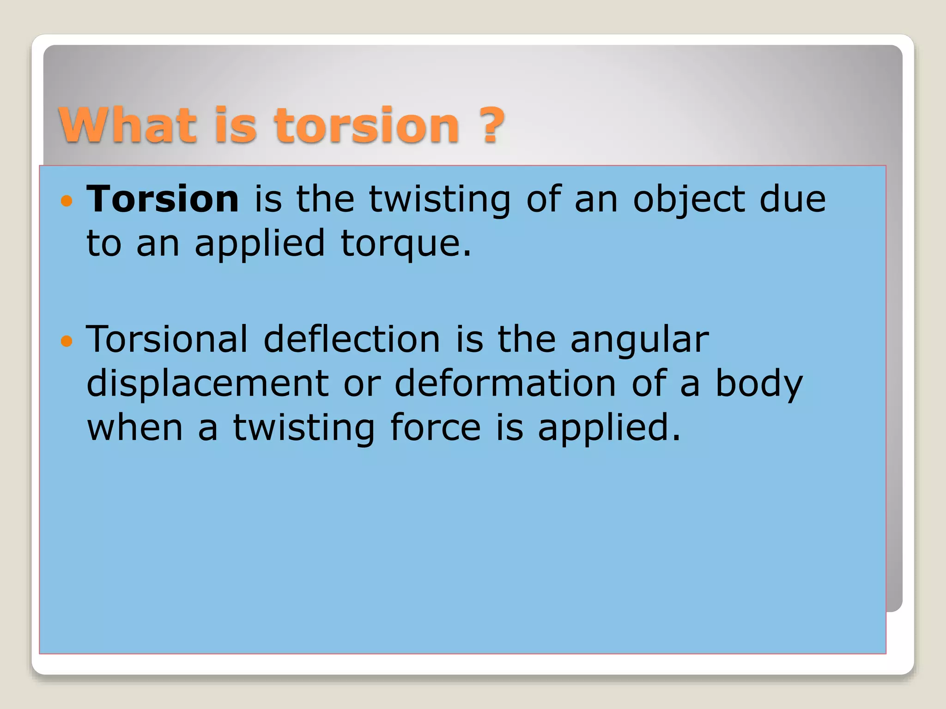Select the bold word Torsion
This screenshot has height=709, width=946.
coord(163,199)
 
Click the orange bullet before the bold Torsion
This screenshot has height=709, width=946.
coord(67,201)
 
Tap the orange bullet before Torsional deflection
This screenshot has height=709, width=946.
coord(67,342)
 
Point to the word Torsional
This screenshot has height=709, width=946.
coord(167,339)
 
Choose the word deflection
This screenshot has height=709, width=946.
coord(352,339)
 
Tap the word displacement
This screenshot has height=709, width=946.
coord(207,384)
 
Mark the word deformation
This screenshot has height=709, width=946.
coord(505,384)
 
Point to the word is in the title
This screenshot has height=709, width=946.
coord(236,125)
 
